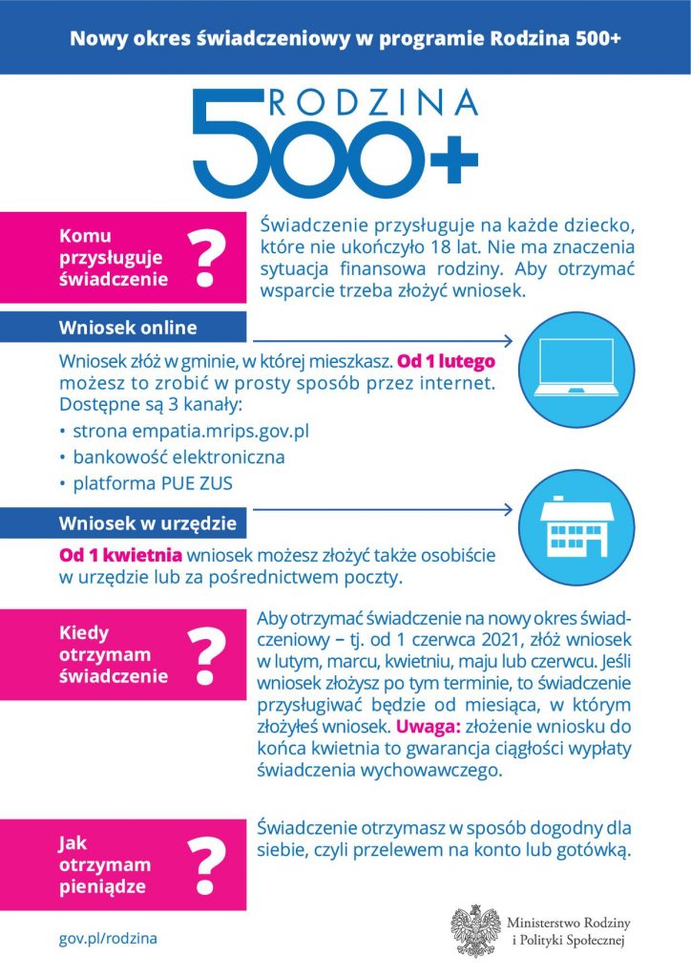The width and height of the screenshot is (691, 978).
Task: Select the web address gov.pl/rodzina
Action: pos(109,939)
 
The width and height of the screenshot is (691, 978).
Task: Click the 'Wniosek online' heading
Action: pos(128,328)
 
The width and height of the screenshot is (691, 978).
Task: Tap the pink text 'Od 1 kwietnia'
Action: pos(121,556)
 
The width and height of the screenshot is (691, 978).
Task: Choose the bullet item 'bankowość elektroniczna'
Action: pos(178,457)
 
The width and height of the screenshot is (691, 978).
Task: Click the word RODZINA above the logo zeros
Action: pos(372,102)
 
